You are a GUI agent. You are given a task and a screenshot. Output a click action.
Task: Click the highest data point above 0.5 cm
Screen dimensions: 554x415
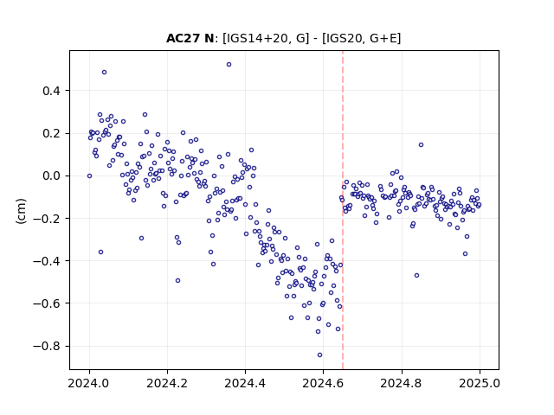[x=229, y=65]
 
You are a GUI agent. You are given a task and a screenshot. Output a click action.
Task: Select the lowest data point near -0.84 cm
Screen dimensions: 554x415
[x=319, y=355]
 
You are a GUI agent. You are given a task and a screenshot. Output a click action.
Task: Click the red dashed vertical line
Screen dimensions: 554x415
[x=343, y=210]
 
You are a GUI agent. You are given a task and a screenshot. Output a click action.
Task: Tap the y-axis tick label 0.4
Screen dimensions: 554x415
[x=52, y=91]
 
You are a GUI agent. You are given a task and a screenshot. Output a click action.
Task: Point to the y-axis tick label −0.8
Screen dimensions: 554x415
[x=47, y=346]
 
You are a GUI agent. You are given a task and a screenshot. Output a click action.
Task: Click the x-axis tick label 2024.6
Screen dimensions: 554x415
[x=323, y=383]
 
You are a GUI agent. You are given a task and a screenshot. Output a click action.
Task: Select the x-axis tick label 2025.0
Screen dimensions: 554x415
[x=480, y=383]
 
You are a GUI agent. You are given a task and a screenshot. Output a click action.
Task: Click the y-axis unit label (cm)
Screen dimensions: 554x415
[x=21, y=211]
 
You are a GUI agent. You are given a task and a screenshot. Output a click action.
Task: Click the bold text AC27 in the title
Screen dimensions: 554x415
[x=184, y=38]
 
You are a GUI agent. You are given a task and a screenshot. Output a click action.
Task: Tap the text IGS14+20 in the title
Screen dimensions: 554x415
[x=256, y=38]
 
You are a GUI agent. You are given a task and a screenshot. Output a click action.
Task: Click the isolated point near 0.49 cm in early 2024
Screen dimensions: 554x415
[x=104, y=73]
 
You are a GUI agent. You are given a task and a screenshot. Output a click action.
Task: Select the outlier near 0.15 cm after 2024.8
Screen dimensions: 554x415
[x=422, y=145]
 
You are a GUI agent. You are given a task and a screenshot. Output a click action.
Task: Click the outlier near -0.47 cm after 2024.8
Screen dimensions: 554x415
[x=417, y=276]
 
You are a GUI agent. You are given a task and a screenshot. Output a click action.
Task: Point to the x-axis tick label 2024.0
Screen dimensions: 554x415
[x=89, y=383]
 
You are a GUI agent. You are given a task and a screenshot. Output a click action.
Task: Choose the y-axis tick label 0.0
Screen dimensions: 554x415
[x=52, y=176]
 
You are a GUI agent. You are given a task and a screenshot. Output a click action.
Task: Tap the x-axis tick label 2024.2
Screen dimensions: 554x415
[x=167, y=383]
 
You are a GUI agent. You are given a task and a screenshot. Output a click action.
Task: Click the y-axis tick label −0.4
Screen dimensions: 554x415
[x=47, y=261]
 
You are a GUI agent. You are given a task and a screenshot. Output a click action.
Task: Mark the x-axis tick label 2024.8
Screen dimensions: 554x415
[x=402, y=383]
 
